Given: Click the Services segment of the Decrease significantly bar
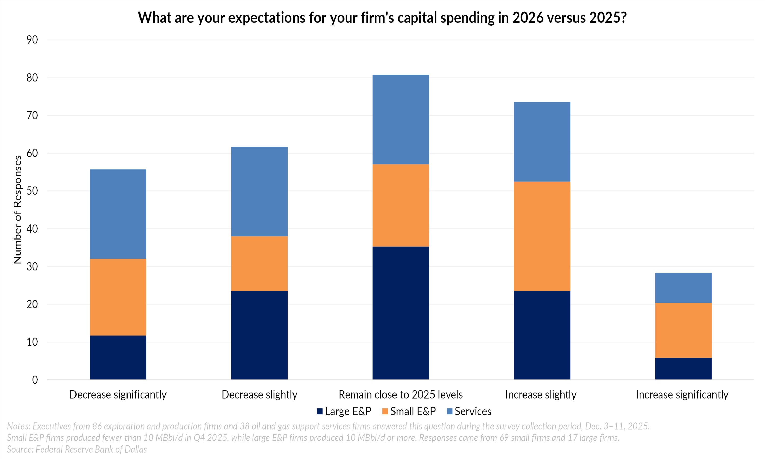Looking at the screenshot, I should (118, 214).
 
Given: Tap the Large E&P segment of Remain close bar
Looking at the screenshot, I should (400, 313).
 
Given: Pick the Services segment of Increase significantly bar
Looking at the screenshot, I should (683, 288).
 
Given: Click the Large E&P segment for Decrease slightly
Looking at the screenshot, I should (259, 335).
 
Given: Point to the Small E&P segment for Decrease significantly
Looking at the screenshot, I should (118, 297).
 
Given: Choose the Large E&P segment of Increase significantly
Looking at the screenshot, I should (683, 368).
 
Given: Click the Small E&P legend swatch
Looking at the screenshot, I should (385, 411).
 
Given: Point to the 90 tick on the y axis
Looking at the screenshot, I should (32, 40).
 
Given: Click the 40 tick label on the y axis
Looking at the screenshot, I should (32, 229).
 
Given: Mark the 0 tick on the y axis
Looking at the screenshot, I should (35, 380).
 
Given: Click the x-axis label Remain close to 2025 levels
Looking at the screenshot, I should (400, 395).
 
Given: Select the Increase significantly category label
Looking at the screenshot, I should (682, 395).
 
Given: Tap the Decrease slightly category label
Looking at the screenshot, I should (259, 395).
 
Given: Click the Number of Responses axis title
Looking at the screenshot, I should (18, 209).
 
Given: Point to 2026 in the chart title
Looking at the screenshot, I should (528, 18).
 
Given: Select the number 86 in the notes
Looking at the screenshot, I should (97, 426).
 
